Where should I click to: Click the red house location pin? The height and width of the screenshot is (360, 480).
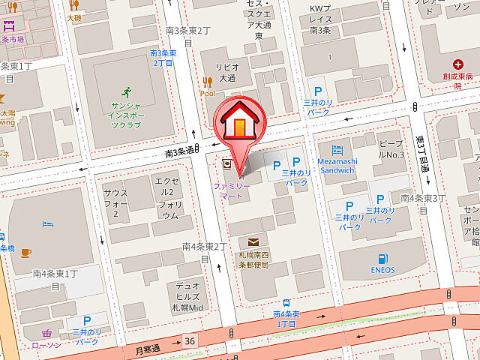239,124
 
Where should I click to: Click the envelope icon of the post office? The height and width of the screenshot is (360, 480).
253,242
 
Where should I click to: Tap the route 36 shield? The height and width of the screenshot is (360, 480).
190,341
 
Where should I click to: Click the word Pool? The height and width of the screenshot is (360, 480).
208,94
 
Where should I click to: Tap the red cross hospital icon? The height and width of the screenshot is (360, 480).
457,65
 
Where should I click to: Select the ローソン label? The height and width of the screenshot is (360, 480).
46,346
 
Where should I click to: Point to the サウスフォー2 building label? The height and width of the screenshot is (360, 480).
115,203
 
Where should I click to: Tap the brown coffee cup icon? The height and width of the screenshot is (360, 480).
25,252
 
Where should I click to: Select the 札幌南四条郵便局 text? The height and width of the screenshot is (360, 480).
253,259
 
